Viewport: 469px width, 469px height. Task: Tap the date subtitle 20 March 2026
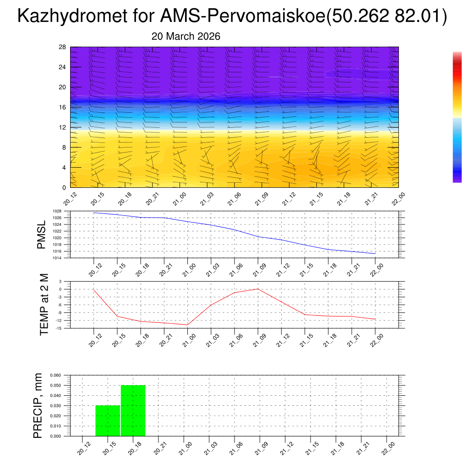(186, 36)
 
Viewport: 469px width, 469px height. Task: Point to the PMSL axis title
(41, 234)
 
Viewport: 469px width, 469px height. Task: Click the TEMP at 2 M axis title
(44, 304)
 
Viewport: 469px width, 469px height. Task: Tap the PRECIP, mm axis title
(38, 405)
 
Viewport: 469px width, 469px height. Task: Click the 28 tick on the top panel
(63, 47)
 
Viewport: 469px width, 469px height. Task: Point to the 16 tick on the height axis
(63, 107)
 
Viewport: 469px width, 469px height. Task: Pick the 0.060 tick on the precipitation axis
(55, 375)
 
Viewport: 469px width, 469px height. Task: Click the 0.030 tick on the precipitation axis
(55, 406)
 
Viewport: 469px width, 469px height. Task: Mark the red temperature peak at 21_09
(258, 289)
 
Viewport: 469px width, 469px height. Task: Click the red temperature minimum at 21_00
(187, 325)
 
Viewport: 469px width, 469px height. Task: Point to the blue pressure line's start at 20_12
(94, 213)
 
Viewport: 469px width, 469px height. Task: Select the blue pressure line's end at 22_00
(375, 253)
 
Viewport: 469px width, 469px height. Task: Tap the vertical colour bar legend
(457, 117)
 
